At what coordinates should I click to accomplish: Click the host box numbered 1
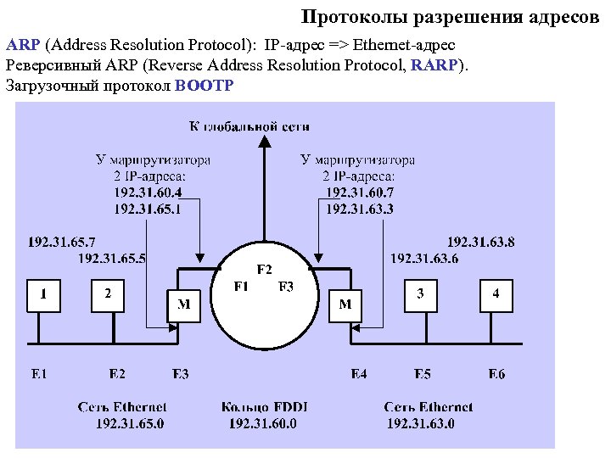pyautogui.click(x=43, y=295)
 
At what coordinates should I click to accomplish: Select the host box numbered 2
pyautogui.click(x=109, y=295)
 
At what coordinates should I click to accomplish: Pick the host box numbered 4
pyautogui.click(x=496, y=295)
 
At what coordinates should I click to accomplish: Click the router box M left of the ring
pyautogui.click(x=183, y=304)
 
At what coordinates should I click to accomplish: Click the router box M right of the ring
pyautogui.click(x=345, y=304)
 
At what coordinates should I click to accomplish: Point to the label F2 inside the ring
pyautogui.click(x=265, y=270)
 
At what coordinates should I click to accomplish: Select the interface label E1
pyautogui.click(x=39, y=374)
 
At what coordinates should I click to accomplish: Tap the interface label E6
pyautogui.click(x=496, y=374)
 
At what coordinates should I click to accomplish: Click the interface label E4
pyautogui.click(x=359, y=374)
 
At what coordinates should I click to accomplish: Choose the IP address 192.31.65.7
pyautogui.click(x=62, y=242)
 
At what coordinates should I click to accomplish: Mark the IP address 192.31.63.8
pyautogui.click(x=480, y=242)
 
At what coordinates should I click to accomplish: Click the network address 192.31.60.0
pyautogui.click(x=263, y=423)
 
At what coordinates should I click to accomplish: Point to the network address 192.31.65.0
pyautogui.click(x=130, y=423)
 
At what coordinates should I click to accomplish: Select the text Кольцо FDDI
pyautogui.click(x=263, y=407)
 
